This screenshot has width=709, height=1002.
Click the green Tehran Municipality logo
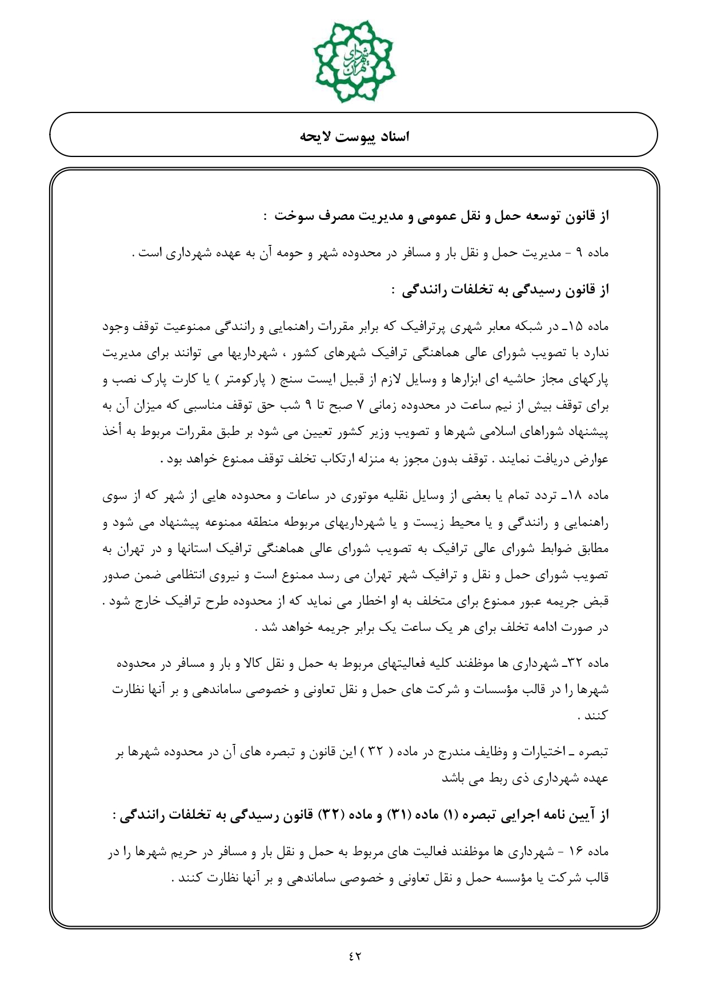tap(354, 61)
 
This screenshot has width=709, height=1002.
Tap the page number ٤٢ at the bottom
tap(354, 955)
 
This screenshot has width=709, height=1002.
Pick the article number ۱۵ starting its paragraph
tap(575, 328)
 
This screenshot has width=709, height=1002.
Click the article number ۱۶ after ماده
tap(575, 852)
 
